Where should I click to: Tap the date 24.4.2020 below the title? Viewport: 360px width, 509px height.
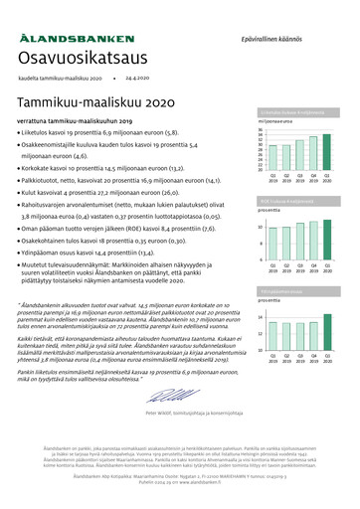coord(138,77)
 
